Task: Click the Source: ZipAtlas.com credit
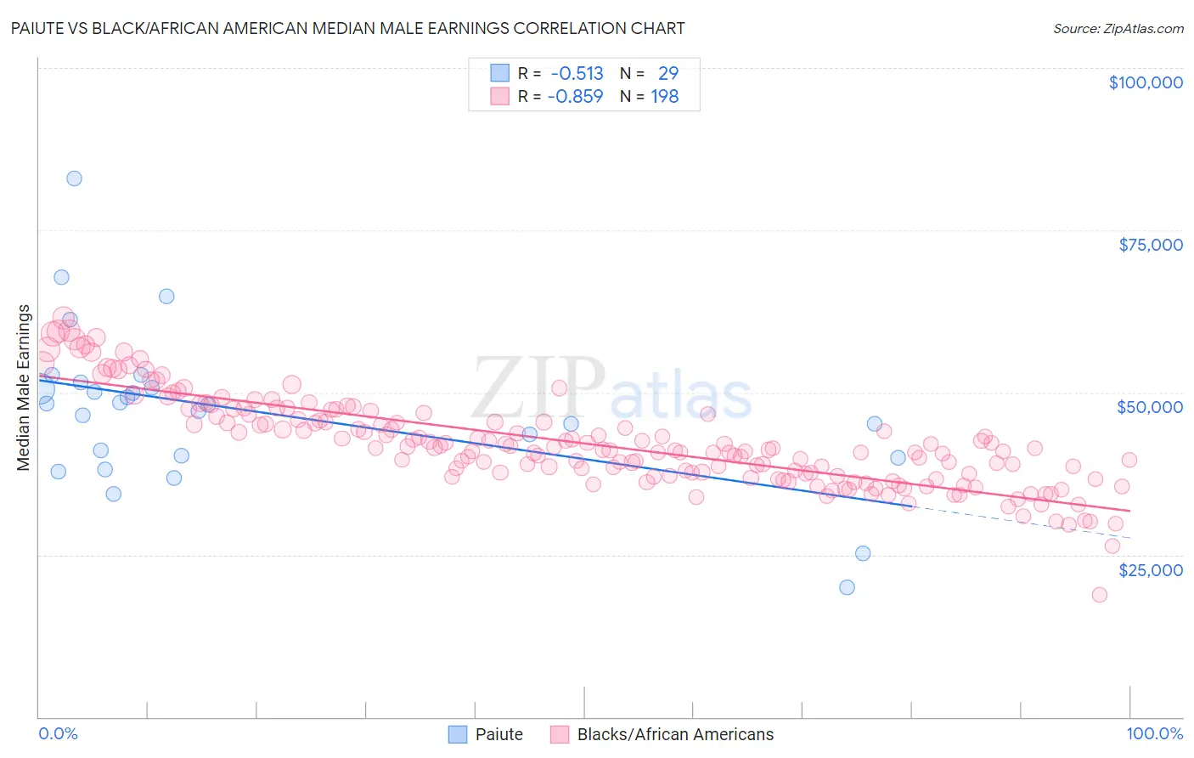(x=1118, y=29)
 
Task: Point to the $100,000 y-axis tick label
(x=1145, y=82)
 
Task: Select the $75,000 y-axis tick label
(x=1150, y=245)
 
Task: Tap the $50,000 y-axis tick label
(x=1149, y=407)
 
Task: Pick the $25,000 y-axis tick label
(x=1150, y=569)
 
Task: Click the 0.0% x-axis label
(x=58, y=733)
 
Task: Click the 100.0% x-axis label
(x=1154, y=733)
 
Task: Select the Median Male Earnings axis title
(x=24, y=387)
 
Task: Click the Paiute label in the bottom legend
(x=498, y=734)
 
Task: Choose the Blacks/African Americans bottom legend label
(x=675, y=734)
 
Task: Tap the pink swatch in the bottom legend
(x=560, y=734)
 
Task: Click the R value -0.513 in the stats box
(x=577, y=74)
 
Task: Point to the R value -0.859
(x=575, y=97)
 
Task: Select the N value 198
(x=664, y=97)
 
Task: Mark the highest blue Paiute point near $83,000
(x=74, y=178)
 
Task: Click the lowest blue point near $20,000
(x=847, y=587)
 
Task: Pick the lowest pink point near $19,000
(x=1099, y=595)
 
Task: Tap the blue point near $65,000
(x=166, y=297)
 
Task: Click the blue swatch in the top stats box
(x=500, y=73)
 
